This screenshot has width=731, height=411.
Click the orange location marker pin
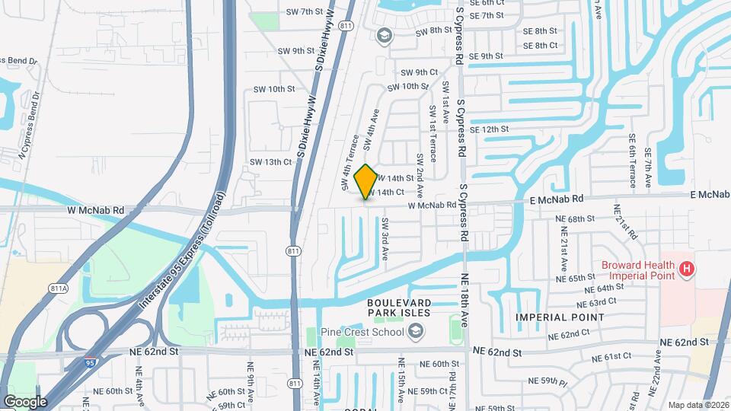pos(366,181)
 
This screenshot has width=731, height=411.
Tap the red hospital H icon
pos(687,269)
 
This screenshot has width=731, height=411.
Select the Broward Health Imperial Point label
pos(638,269)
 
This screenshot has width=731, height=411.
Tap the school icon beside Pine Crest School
pos(416,330)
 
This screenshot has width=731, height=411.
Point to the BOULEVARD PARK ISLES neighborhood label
pos(399,307)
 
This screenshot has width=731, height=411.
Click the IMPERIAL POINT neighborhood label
pos(560,317)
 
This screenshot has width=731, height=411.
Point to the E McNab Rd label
pos(557,198)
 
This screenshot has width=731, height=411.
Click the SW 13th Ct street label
pos(271,161)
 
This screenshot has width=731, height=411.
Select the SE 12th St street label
pos(489,129)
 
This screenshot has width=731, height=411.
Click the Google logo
pos(25,401)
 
